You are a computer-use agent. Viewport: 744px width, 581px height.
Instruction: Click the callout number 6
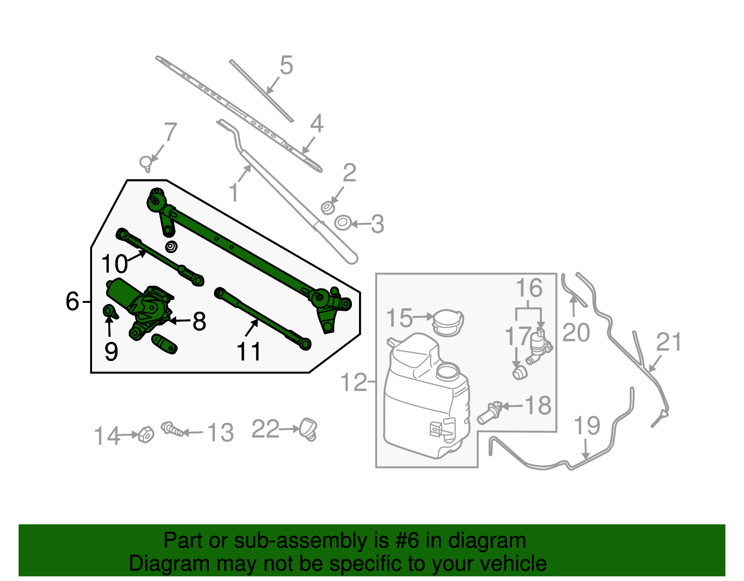pos(73,301)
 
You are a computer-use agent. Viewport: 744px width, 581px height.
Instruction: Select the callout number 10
pos(114,264)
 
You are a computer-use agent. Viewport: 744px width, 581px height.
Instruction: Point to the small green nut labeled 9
pos(109,311)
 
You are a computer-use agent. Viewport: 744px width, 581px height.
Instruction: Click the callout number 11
pos(249,352)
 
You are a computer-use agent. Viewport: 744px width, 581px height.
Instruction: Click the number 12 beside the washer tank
pos(354,382)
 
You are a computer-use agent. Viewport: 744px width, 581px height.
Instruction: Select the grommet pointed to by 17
pos(519,373)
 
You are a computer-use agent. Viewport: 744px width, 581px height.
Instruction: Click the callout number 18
pos(538,405)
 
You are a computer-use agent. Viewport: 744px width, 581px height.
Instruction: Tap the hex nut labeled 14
pos(146,434)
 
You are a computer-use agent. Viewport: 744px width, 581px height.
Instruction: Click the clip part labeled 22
pos(308,428)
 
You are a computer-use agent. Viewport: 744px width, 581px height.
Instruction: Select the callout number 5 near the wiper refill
pos(286,65)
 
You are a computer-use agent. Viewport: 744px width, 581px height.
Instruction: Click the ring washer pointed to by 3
pos(342,223)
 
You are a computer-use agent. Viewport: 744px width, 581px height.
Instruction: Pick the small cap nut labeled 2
pos(328,207)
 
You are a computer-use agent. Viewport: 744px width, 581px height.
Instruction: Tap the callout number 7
pos(170,132)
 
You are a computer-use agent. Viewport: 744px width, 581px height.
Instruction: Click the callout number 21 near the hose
pos(669,342)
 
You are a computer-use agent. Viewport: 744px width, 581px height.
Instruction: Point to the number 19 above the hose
pos(587,426)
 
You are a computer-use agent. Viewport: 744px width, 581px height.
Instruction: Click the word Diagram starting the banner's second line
pos(168,563)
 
